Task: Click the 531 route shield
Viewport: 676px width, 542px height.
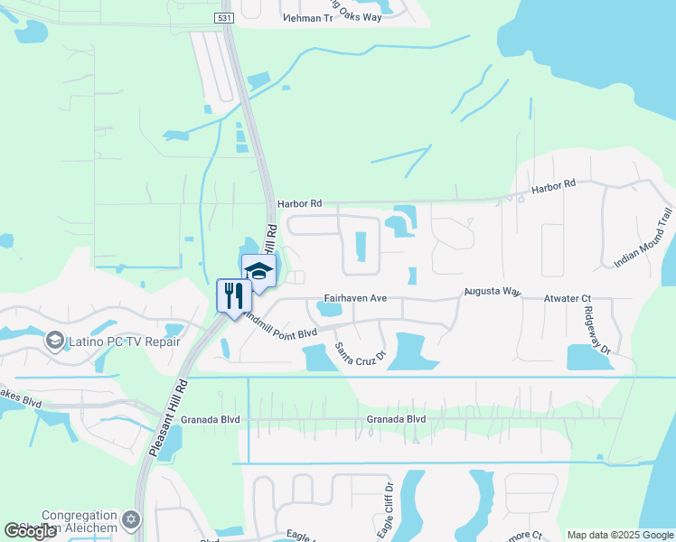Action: pos(224,17)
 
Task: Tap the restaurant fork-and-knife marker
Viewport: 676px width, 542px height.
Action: pos(234,295)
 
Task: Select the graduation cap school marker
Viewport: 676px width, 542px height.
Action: pos(259,270)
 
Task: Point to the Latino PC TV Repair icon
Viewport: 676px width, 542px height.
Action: pos(56,341)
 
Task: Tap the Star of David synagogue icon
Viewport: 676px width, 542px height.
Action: pos(132,520)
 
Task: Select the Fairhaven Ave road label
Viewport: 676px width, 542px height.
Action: pos(355,297)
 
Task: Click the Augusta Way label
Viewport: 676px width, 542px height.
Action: pos(493,292)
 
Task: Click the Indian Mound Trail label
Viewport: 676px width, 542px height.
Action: pos(643,238)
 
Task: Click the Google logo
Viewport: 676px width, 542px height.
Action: pos(31,531)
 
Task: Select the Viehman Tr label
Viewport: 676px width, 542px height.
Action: pos(307,17)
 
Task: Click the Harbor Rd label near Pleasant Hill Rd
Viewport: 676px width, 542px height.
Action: pos(300,204)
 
